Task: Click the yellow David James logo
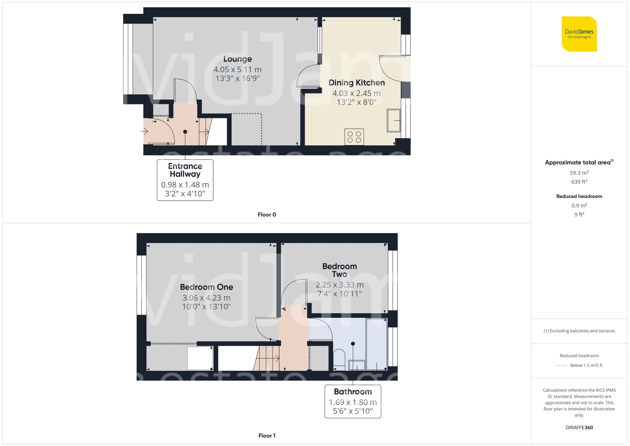[579, 34]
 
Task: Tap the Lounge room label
[238, 59]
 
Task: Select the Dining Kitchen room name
[357, 83]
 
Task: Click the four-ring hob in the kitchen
[354, 137]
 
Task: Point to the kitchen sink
[393, 120]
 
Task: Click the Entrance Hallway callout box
[185, 180]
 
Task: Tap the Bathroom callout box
[353, 401]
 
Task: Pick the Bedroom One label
[206, 287]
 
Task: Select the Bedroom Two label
[340, 270]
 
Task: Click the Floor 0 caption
[267, 215]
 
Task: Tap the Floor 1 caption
[267, 436]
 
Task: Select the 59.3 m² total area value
[579, 173]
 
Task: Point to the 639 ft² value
[579, 182]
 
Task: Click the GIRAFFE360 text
[579, 427]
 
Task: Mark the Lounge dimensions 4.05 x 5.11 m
[238, 69]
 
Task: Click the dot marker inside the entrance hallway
[185, 132]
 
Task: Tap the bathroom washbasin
[357, 365]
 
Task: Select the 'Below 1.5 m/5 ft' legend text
[586, 365]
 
